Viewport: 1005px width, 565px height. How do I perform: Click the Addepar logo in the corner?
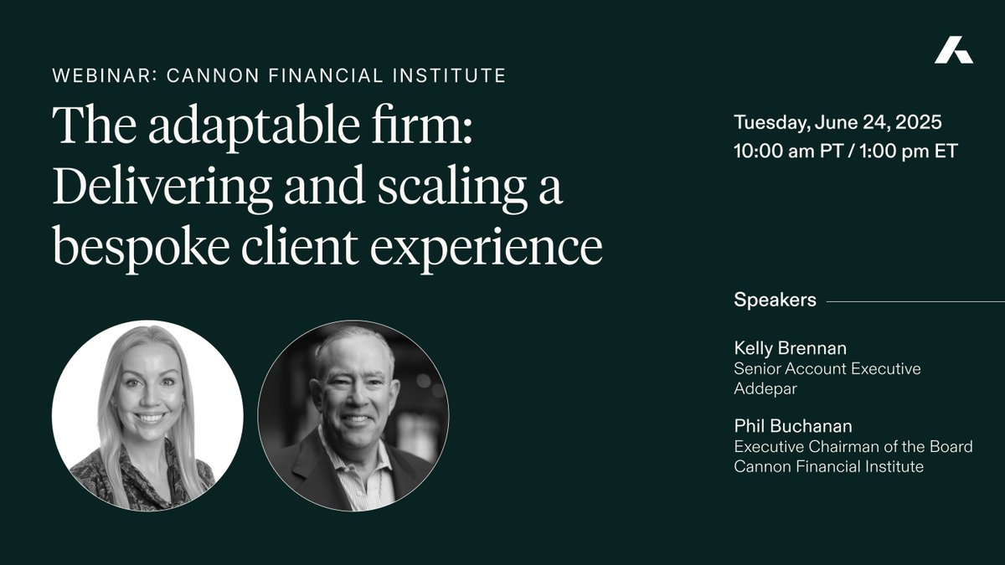click(x=954, y=51)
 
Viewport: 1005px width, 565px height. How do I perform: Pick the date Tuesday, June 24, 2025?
click(x=837, y=122)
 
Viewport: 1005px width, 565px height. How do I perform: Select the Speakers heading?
click(x=775, y=300)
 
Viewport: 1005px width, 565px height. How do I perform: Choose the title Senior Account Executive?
click(x=827, y=368)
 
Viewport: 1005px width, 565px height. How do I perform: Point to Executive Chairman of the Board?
click(x=853, y=447)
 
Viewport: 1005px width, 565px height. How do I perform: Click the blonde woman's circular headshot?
click(x=147, y=415)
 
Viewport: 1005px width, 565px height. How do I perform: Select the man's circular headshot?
click(x=353, y=415)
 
